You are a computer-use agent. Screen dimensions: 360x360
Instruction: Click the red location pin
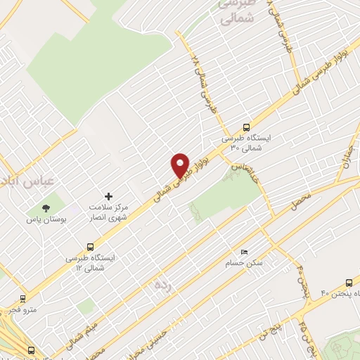[x=181, y=165]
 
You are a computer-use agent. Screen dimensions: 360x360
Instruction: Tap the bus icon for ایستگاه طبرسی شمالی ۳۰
[x=245, y=128]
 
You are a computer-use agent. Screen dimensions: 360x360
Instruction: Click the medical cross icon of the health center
[x=108, y=196]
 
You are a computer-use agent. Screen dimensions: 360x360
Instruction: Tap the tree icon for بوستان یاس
[x=46, y=208]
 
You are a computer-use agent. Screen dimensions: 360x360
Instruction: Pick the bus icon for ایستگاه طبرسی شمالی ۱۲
[x=89, y=246]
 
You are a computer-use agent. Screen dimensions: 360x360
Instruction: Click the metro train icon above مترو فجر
[x=23, y=297]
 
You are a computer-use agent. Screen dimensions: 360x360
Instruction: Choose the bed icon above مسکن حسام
[x=244, y=252]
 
